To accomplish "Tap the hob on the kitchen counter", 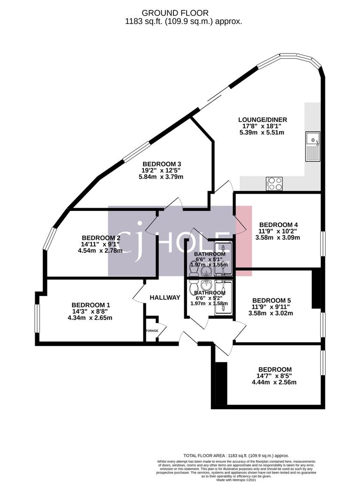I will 274,183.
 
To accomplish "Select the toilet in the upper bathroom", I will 193,268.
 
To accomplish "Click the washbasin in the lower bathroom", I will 205,286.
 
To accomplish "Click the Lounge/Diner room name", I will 262,120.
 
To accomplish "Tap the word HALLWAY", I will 165,297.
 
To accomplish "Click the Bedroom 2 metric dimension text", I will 101,250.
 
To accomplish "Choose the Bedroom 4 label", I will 278,224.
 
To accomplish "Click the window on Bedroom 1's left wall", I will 37,321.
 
